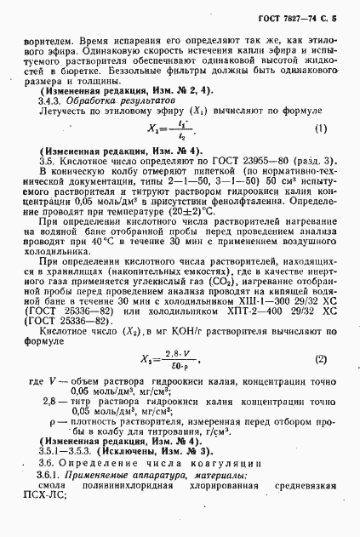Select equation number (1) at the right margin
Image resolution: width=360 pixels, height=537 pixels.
(321, 129)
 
